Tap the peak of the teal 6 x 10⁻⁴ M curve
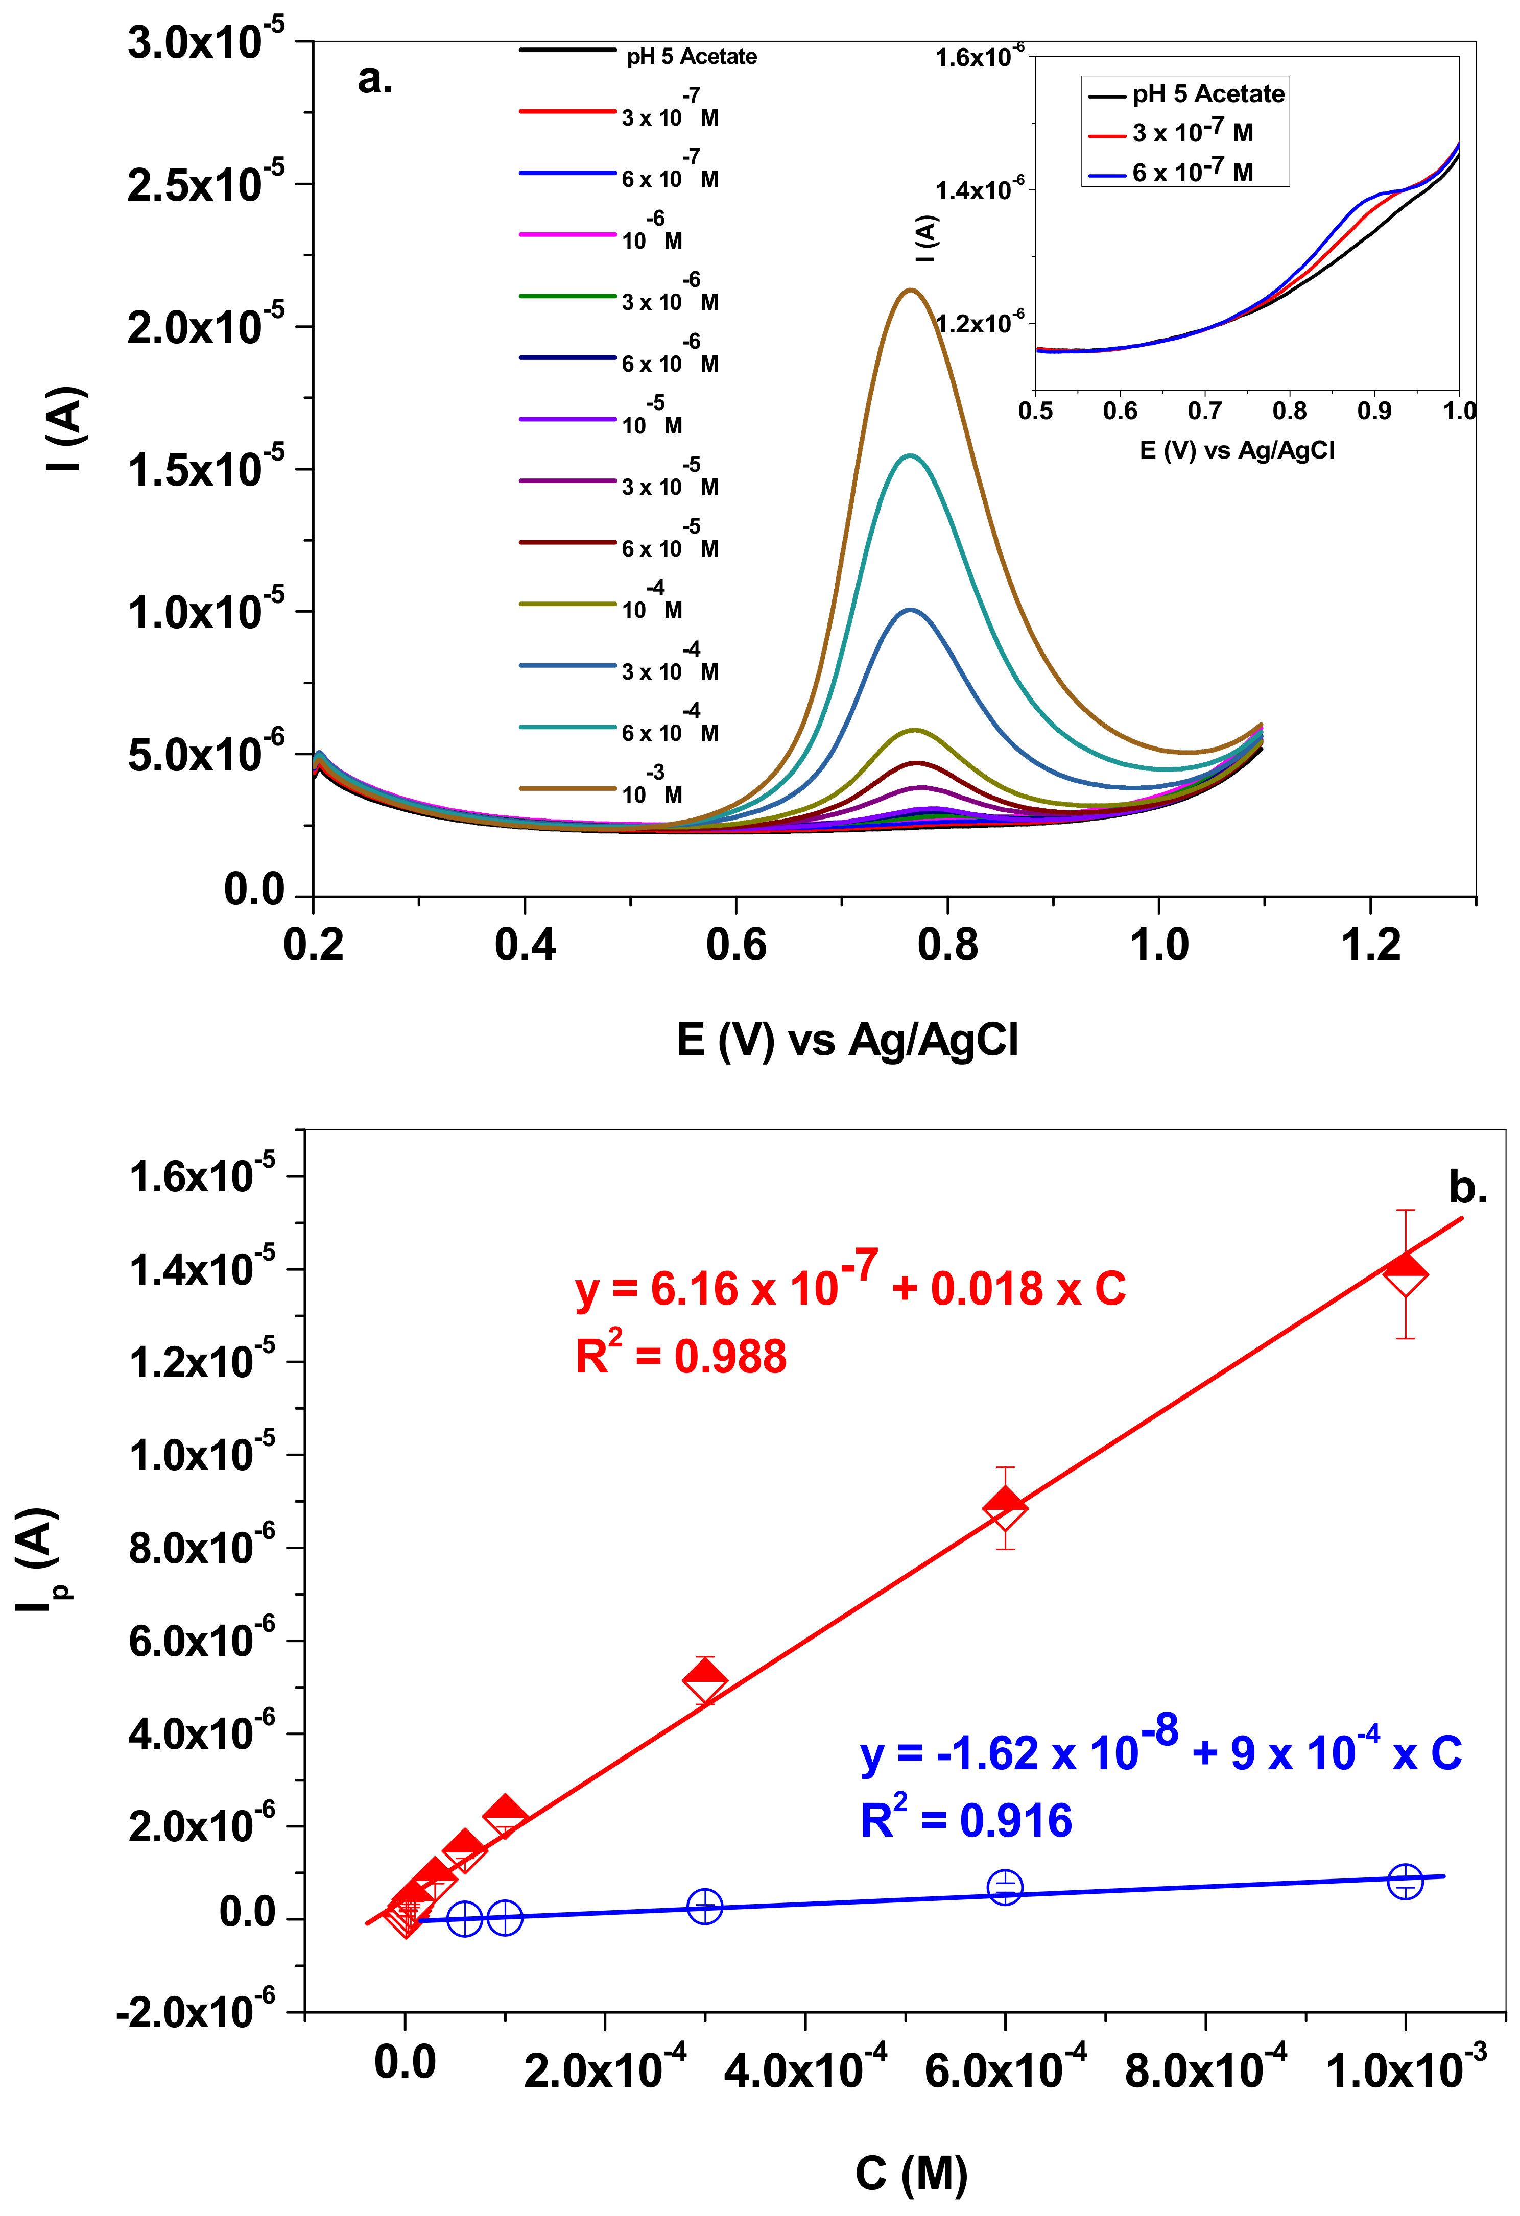pyautogui.click(x=911, y=456)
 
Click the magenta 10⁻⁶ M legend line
pyautogui.click(x=567, y=234)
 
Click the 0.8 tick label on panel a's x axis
pyautogui.click(x=947, y=945)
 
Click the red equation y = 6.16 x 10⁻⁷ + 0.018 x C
pyautogui.click(x=849, y=1284)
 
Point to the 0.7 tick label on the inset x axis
pyautogui.click(x=1204, y=411)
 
